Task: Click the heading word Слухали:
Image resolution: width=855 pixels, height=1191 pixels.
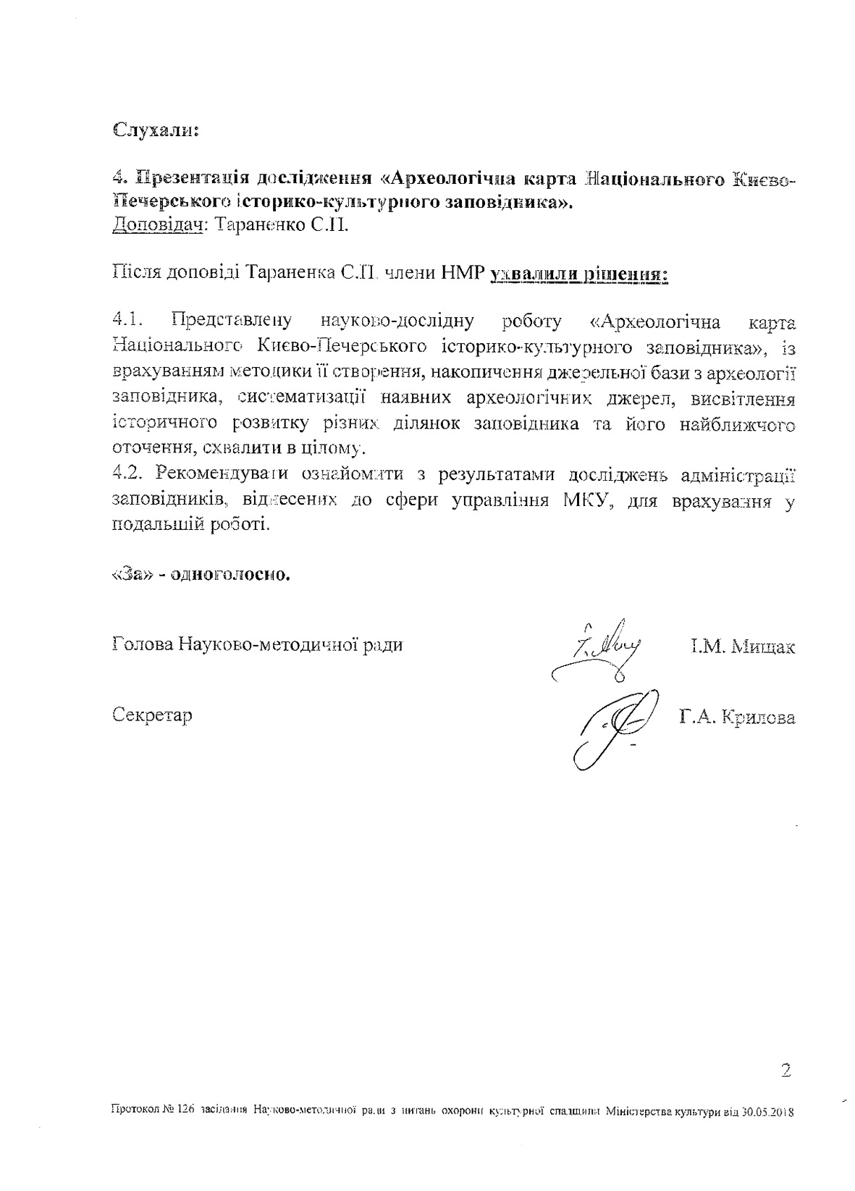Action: (x=156, y=131)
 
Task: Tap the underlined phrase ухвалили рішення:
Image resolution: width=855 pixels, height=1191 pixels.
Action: (x=579, y=274)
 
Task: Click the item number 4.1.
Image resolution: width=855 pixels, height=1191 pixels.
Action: (x=131, y=321)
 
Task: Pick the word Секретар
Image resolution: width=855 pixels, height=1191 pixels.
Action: (x=153, y=715)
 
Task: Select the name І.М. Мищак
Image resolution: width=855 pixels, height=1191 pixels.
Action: (x=742, y=646)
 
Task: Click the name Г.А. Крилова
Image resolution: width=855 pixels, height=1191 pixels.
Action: (x=737, y=717)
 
